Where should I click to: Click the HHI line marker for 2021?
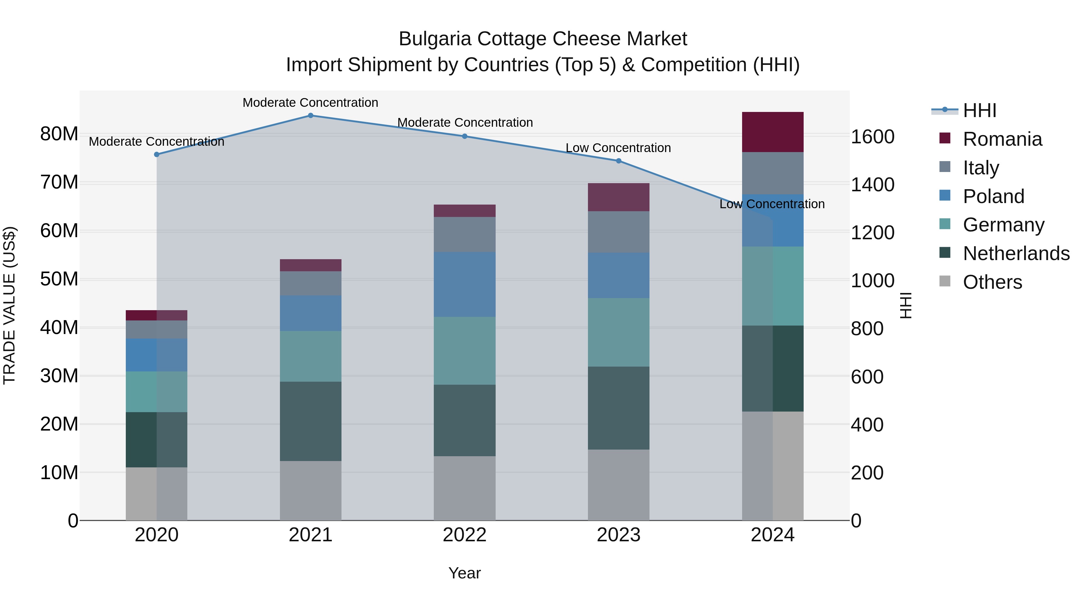coord(310,115)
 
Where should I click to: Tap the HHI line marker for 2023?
coord(618,161)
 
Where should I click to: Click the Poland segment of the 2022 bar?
coord(465,284)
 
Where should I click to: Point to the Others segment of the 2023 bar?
coord(618,485)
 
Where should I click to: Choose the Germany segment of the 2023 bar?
coord(618,332)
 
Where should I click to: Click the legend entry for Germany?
coord(1003,225)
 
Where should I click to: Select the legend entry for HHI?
coord(979,110)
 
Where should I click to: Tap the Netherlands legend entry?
coord(1016,253)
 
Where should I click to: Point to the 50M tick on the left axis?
coord(59,279)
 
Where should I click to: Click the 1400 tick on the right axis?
coord(872,185)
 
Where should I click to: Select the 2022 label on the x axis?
coord(465,535)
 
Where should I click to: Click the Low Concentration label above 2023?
coord(618,148)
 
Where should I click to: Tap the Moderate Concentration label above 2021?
coord(310,103)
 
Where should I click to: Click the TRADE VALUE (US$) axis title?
coord(9,305)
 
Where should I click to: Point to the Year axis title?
coord(465,573)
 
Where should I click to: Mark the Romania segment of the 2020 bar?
coord(156,315)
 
